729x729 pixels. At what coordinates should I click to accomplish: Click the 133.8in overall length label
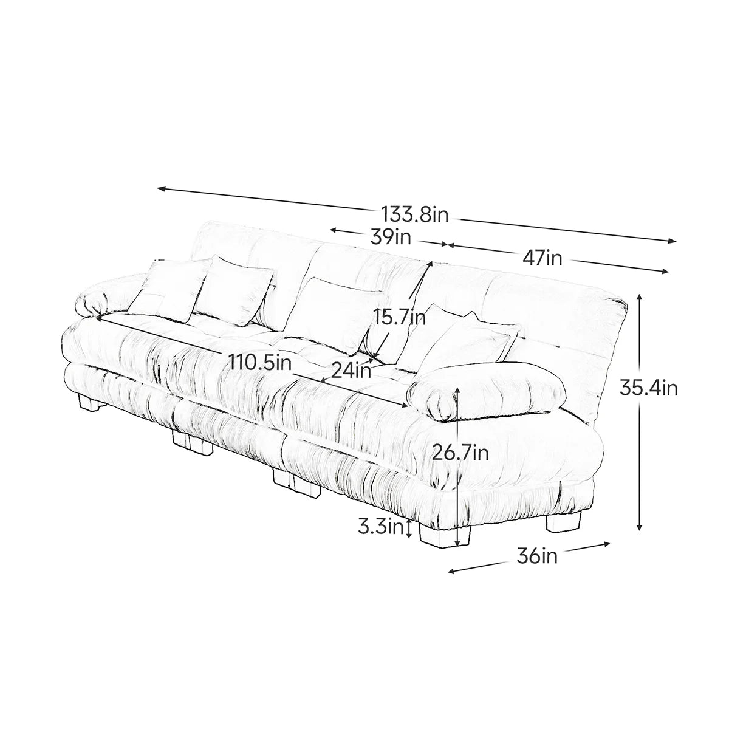pyautogui.click(x=415, y=214)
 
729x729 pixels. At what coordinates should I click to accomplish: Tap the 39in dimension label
pyautogui.click(x=391, y=237)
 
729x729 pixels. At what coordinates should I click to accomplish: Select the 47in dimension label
pyautogui.click(x=542, y=258)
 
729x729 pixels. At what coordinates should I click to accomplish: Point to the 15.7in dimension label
pyautogui.click(x=400, y=317)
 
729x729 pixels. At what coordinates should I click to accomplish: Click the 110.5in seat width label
pyautogui.click(x=261, y=363)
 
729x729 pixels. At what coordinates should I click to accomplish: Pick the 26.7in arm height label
pyautogui.click(x=460, y=453)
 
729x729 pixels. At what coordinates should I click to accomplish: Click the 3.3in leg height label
pyautogui.click(x=380, y=527)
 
